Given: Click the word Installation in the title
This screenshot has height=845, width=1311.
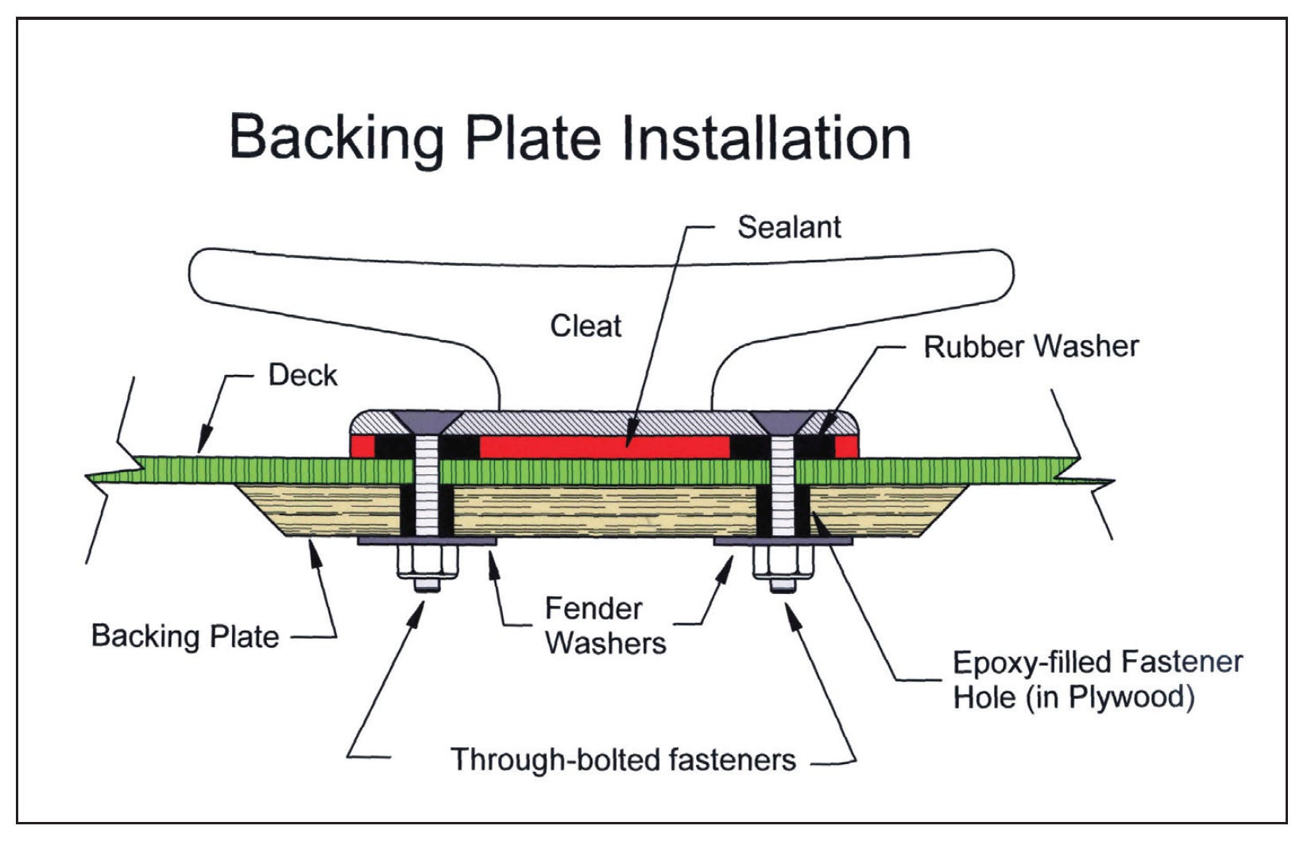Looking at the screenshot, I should point(766,138).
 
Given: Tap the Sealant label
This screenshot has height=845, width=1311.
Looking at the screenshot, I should point(788,227).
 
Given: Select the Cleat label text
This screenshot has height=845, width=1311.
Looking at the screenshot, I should point(586,326).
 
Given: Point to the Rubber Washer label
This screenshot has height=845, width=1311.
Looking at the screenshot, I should point(1031,346).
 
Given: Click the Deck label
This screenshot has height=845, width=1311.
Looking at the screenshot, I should point(303,375).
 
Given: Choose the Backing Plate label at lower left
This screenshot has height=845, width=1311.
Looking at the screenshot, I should point(185,636).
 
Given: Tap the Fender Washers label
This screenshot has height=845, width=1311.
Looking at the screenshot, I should point(605,626).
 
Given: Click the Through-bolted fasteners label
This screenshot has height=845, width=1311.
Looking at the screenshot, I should point(623,759).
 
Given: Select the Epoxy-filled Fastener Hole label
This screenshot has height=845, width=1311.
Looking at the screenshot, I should point(1096,679).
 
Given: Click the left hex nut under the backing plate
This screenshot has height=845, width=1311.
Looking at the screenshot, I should point(427,563).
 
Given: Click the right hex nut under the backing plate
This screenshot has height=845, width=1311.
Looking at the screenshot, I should point(783,563).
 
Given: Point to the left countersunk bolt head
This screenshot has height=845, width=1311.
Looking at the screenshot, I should point(427,420).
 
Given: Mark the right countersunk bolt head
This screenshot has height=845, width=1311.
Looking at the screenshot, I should point(783,420).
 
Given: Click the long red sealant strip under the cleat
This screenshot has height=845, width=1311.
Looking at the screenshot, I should point(604,446).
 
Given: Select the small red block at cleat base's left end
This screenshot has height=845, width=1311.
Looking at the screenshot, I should point(363,446).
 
